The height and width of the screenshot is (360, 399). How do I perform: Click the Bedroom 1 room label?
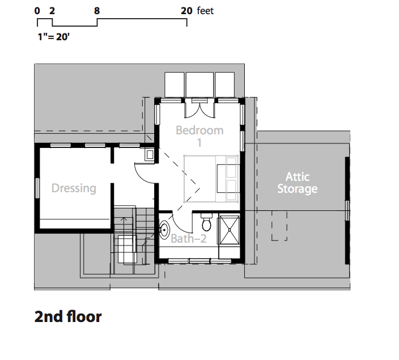click(x=199, y=136)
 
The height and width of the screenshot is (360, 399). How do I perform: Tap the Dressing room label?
click(x=74, y=188)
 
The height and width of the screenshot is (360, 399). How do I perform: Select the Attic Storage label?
click(x=297, y=183)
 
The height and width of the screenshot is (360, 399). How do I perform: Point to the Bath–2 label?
click(x=188, y=239)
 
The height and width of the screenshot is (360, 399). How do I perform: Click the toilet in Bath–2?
click(x=206, y=222)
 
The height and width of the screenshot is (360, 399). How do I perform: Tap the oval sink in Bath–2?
click(x=164, y=230)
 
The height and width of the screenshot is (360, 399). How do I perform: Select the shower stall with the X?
click(x=230, y=230)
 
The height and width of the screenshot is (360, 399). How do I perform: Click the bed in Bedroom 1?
click(x=211, y=179)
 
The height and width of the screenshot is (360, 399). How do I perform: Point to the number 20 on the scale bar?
click(x=186, y=11)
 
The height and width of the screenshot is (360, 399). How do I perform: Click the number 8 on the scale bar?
click(x=97, y=11)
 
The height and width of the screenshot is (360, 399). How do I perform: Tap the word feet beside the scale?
click(x=205, y=11)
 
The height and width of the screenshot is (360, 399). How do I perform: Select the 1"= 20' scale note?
click(x=53, y=37)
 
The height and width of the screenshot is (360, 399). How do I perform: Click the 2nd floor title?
click(x=68, y=317)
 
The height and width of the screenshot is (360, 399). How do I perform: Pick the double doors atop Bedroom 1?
click(x=199, y=108)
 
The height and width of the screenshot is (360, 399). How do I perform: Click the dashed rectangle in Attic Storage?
click(x=279, y=226)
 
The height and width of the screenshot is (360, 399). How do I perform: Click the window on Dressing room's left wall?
click(x=37, y=188)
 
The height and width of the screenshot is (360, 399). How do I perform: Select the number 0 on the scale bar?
click(x=37, y=11)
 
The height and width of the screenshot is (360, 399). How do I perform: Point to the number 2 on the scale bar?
click(x=52, y=11)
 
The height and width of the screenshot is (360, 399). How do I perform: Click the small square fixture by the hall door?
click(x=150, y=155)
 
